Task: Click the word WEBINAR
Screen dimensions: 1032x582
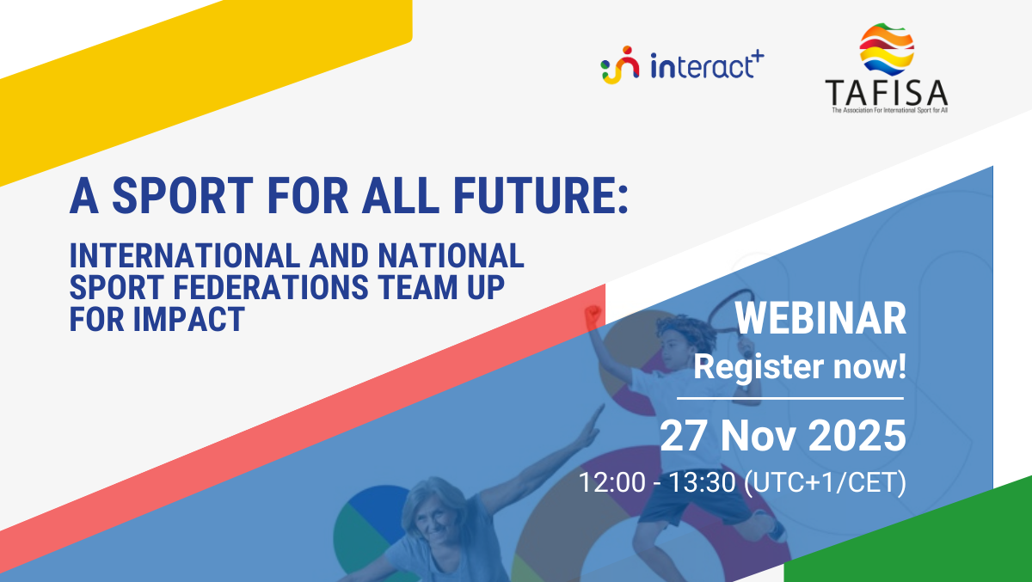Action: pyautogui.click(x=820, y=319)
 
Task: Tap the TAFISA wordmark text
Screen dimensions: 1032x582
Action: pyautogui.click(x=886, y=93)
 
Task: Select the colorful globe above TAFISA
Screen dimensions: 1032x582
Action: pyautogui.click(x=887, y=49)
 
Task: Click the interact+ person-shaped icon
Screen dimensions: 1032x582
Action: pyautogui.click(x=620, y=65)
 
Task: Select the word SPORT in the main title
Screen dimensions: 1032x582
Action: pyautogui.click(x=182, y=195)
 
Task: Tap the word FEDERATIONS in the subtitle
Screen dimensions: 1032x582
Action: pyautogui.click(x=271, y=287)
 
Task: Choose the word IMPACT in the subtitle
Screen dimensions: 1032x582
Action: pyautogui.click(x=189, y=319)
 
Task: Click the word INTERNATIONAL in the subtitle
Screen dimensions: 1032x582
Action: pyautogui.click(x=185, y=255)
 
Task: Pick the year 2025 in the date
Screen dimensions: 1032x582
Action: pyautogui.click(x=857, y=436)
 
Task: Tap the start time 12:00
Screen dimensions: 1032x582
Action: pyautogui.click(x=611, y=482)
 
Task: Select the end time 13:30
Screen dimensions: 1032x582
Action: pyautogui.click(x=702, y=482)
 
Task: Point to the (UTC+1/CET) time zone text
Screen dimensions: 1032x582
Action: pyautogui.click(x=825, y=482)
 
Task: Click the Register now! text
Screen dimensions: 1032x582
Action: pyautogui.click(x=800, y=367)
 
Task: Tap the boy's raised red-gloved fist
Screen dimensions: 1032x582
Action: pyautogui.click(x=593, y=315)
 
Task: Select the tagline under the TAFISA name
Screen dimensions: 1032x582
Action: pyautogui.click(x=889, y=111)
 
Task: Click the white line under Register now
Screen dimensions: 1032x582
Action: pyautogui.click(x=790, y=398)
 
